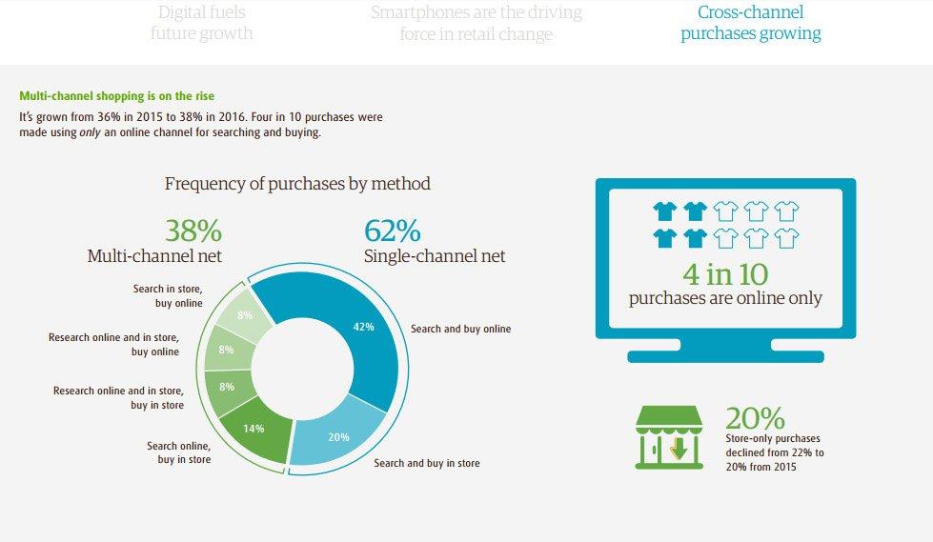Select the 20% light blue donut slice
click(336, 434)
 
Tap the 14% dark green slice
click(255, 430)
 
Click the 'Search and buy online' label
click(460, 329)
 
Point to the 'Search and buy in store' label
click(427, 463)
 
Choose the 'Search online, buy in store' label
click(178, 452)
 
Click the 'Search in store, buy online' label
click(168, 295)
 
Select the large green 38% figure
click(193, 231)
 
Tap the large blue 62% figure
click(392, 231)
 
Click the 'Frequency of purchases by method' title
click(297, 184)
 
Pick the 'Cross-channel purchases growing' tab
click(750, 23)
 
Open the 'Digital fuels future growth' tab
click(202, 23)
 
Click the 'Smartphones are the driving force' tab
click(476, 23)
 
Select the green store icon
click(669, 437)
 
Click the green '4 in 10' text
click(725, 274)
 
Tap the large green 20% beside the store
click(755, 418)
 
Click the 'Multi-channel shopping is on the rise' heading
click(116, 96)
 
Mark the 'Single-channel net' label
click(435, 256)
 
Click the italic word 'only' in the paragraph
click(90, 132)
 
